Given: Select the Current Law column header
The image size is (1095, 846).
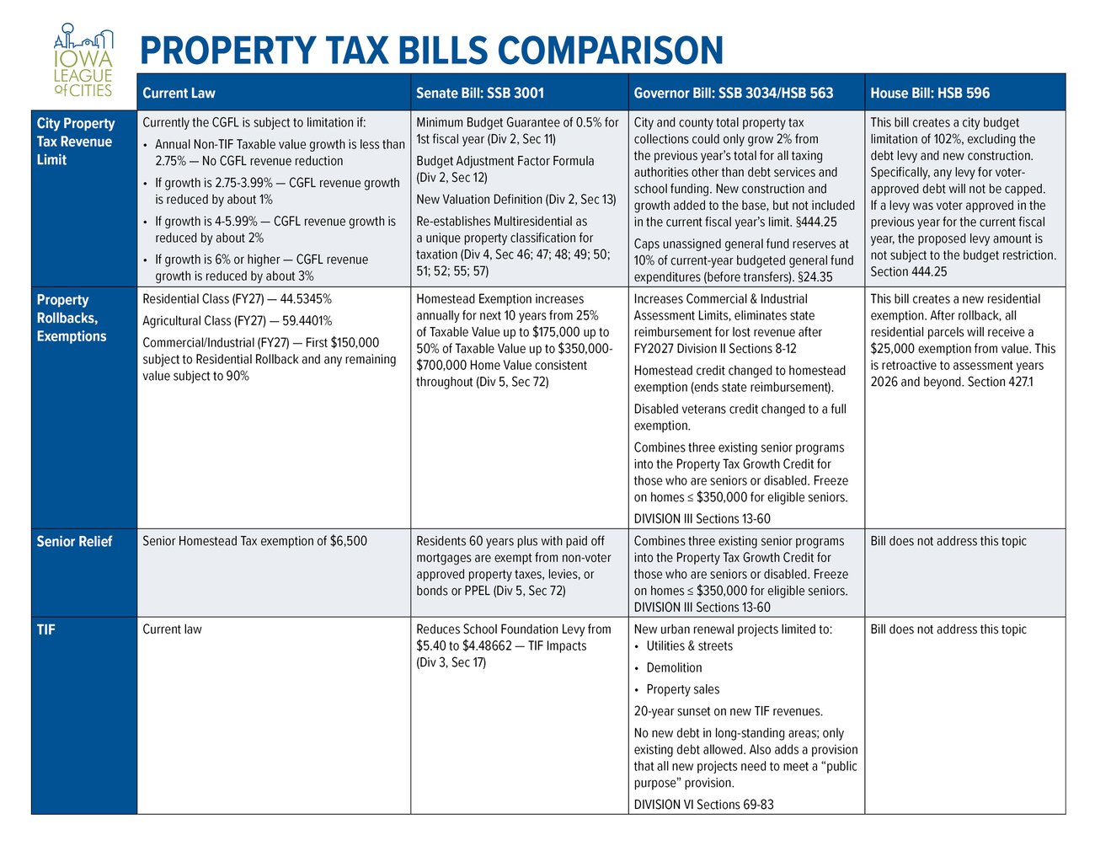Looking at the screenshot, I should (179, 93).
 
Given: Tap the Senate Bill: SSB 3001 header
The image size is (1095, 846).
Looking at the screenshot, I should (480, 93).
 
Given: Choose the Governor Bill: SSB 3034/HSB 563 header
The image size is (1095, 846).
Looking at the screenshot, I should (733, 93).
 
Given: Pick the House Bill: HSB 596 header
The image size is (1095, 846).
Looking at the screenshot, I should (930, 93).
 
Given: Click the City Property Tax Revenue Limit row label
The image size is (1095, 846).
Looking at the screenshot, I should (75, 141).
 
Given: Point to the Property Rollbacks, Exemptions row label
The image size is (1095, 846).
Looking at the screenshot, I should (72, 318).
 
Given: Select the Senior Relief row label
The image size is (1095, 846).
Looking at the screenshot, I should (74, 541).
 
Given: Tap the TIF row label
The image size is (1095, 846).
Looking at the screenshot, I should (46, 629).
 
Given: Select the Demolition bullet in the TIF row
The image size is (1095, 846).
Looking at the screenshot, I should (674, 667).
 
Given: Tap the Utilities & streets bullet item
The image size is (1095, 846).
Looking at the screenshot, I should (689, 645).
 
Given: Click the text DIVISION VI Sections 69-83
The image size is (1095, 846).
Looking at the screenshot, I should (703, 804).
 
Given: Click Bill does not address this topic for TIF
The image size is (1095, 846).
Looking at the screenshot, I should (948, 629).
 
